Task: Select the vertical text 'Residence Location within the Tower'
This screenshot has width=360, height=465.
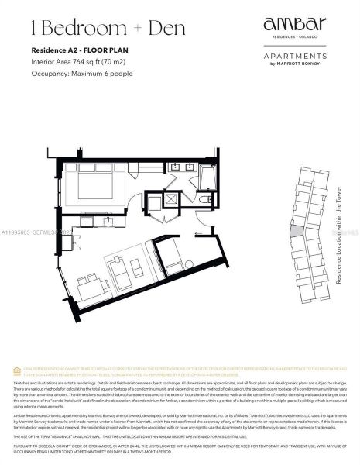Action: click(x=338, y=236)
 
